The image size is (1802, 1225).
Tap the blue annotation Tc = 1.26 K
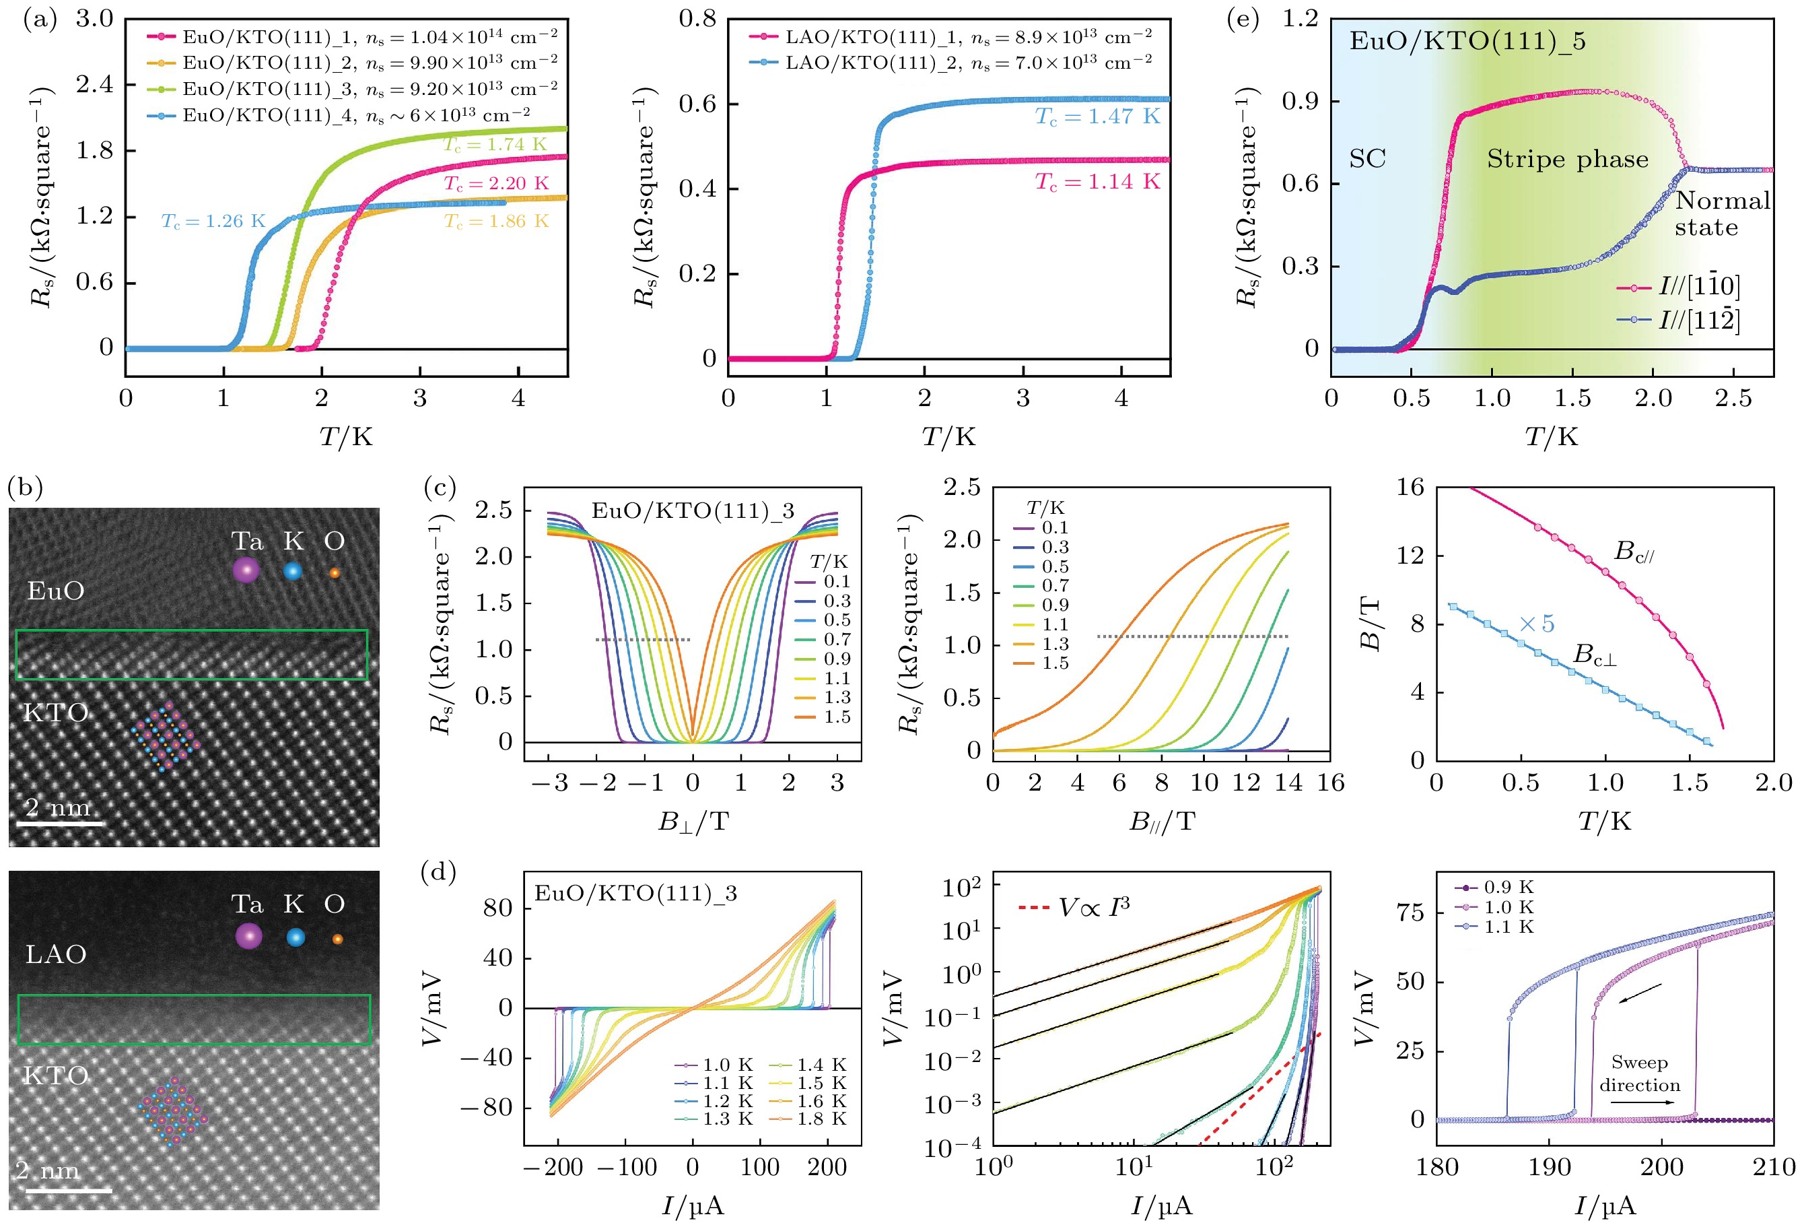pyautogui.click(x=213, y=222)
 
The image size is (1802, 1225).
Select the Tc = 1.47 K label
pyautogui.click(x=1097, y=117)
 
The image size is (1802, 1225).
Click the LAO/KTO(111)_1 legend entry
pyautogui.click(x=950, y=36)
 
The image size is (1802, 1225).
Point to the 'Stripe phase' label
pyautogui.click(x=1567, y=159)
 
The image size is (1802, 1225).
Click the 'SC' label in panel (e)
pyautogui.click(x=1367, y=159)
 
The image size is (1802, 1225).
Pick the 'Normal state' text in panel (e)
pyautogui.click(x=1722, y=214)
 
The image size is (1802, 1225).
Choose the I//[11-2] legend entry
pyautogui.click(x=1679, y=320)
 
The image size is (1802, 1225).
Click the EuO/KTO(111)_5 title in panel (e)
pyautogui.click(x=1467, y=41)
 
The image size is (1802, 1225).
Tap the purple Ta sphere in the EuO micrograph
pyautogui.click(x=246, y=571)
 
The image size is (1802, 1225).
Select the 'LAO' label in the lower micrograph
pyautogui.click(x=56, y=954)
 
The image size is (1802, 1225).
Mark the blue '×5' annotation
pyautogui.click(x=1536, y=624)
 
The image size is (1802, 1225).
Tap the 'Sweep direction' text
pyautogui.click(x=1639, y=1073)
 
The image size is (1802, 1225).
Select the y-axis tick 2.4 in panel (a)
pyautogui.click(x=95, y=84)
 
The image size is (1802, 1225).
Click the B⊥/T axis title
pyautogui.click(x=693, y=821)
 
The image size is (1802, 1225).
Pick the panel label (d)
pyautogui.click(x=438, y=873)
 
